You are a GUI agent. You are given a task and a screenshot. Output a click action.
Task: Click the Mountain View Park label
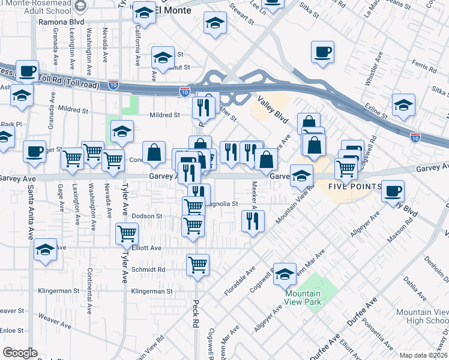pos(303,297)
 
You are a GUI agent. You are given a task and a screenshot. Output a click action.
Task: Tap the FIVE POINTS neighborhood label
pos(354,187)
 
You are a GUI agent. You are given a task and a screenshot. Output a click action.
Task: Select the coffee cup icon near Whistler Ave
pos(322,52)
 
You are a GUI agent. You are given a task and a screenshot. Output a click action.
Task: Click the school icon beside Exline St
pos(403,104)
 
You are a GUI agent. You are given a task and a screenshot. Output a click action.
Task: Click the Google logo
pos(20,353)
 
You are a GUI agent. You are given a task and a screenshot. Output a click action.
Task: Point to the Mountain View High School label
pos(422,316)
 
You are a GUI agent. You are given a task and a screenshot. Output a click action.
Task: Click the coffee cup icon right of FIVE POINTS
pos(393,191)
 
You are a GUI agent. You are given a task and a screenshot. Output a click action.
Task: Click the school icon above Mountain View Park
pos(285,273)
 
